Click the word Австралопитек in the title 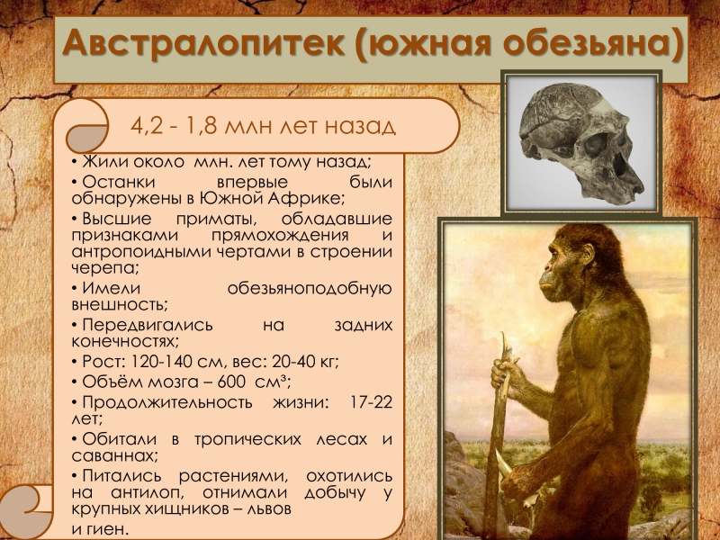tap(203, 42)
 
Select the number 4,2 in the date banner tap(146, 126)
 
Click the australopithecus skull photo tap(581, 142)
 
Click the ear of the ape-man tap(587, 255)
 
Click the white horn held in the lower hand tap(504, 463)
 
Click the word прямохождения tap(280, 235)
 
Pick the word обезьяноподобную tap(310, 288)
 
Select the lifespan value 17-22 tap(371, 401)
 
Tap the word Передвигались tap(148, 325)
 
